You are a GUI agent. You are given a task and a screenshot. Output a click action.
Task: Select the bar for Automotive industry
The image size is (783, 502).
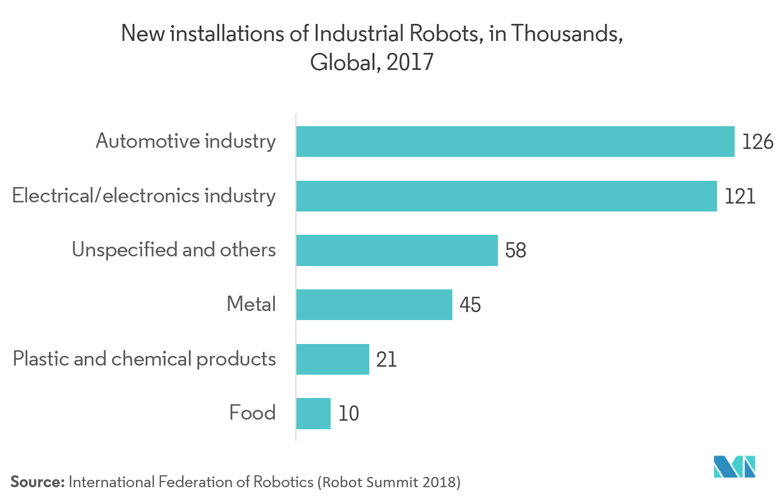point(515,142)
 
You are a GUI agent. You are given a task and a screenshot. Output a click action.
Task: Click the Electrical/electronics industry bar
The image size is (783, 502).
point(506,196)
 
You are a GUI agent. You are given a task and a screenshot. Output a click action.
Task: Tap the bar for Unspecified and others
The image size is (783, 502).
point(397,251)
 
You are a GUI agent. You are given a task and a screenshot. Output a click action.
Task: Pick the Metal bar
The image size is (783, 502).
point(374,305)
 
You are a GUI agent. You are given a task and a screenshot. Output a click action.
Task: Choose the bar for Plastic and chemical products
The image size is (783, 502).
point(332,359)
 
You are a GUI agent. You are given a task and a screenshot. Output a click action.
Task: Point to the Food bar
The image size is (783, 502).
point(313,413)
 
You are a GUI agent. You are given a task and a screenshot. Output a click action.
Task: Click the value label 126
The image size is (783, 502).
point(757,142)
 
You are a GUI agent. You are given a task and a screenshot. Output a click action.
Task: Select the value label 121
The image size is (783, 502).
point(739,196)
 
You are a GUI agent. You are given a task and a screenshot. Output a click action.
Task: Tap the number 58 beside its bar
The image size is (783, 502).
point(516,251)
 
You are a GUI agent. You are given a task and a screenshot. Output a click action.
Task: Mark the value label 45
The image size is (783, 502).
point(470,305)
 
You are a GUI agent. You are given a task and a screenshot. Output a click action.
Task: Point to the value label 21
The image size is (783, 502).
point(386,359)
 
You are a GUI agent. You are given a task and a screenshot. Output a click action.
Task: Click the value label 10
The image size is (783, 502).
point(348,413)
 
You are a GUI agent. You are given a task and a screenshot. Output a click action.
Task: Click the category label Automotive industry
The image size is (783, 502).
point(186,141)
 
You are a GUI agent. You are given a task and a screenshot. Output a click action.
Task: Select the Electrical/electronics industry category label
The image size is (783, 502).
point(144,196)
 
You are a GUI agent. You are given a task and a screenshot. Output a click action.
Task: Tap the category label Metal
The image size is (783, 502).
point(251,304)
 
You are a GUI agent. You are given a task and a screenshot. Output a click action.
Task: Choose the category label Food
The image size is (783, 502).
point(252,412)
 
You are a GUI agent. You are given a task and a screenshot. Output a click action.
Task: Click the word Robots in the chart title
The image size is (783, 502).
point(446,34)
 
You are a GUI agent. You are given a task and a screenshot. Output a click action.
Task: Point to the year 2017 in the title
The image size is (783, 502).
point(410,62)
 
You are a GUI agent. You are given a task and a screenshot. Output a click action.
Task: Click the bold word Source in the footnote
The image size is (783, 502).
point(36,482)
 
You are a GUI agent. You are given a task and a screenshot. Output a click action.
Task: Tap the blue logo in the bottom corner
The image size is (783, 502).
point(735,466)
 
